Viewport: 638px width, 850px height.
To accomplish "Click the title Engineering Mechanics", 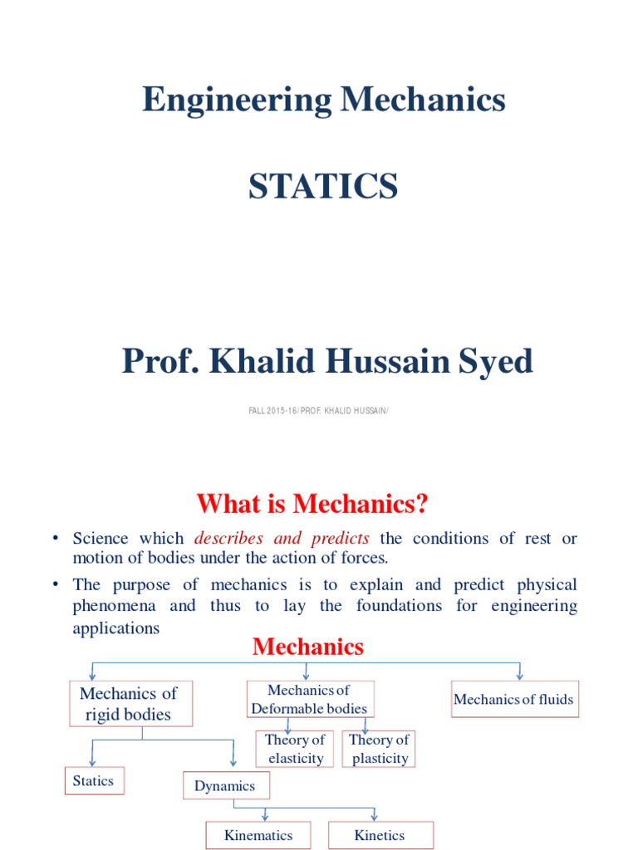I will pyautogui.click(x=323, y=100).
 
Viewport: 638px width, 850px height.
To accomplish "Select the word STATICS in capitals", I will pyautogui.click(x=323, y=187).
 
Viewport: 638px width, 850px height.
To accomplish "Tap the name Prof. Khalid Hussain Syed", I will pyautogui.click(x=327, y=362).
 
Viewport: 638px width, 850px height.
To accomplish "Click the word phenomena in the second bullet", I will pyautogui.click(x=120, y=605).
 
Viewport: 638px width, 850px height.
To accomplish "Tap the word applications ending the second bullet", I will pyautogui.click(x=115, y=628).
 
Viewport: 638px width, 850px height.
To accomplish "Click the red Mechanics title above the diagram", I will pyautogui.click(x=308, y=647).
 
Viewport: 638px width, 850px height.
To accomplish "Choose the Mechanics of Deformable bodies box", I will pyautogui.click(x=310, y=699).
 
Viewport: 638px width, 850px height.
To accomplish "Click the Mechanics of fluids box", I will pyautogui.click(x=513, y=700).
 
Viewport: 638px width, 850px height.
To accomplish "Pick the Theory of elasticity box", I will pyautogui.click(x=295, y=749).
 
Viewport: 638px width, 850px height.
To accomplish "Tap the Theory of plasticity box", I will pyautogui.click(x=380, y=749).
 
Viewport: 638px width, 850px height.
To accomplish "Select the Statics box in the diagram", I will pyautogui.click(x=94, y=781).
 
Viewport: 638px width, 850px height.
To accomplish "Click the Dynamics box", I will pyautogui.click(x=225, y=785).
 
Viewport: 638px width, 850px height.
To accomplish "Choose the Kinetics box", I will pyautogui.click(x=380, y=835).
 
